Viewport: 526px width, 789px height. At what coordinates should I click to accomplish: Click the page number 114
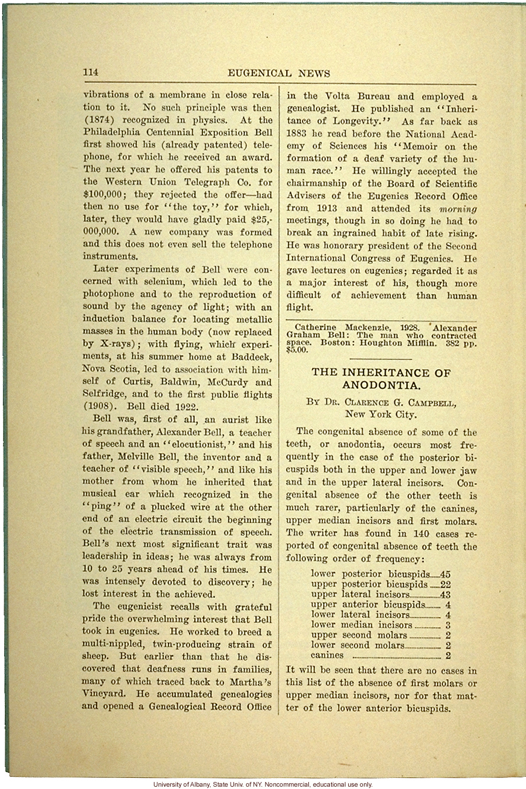coord(90,73)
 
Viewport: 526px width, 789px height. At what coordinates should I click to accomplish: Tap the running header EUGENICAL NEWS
coord(279,74)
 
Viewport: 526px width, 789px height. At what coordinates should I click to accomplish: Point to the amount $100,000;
coord(104,195)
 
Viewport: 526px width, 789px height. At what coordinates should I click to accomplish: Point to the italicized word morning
coord(458,209)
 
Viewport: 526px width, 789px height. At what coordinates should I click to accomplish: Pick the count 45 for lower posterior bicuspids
coord(445,574)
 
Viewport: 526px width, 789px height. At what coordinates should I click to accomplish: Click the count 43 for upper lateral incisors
coord(444,594)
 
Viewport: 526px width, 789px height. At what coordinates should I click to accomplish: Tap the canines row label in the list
coord(326,656)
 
